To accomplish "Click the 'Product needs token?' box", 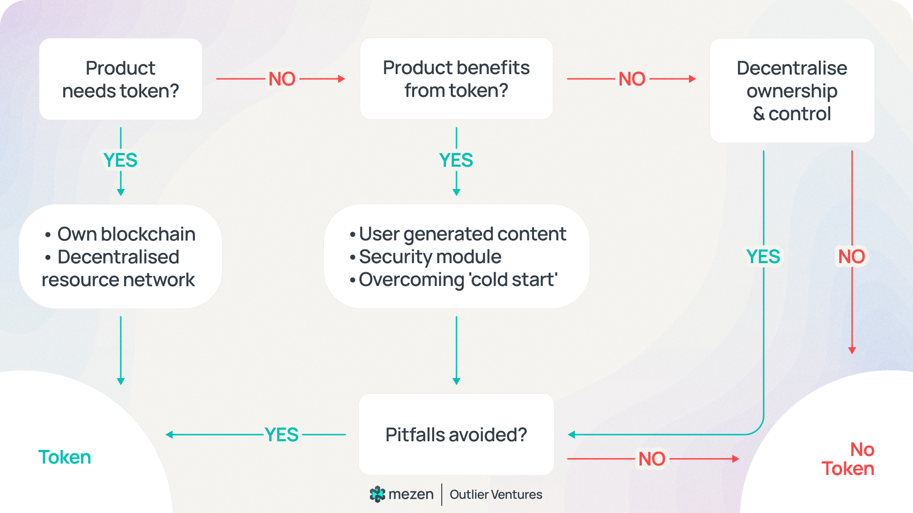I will click(x=121, y=79).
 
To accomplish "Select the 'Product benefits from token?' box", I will click(x=456, y=79).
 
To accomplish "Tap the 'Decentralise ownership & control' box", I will click(x=792, y=91).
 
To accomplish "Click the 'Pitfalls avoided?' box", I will click(x=456, y=435).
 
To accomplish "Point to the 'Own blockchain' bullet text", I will click(x=126, y=234).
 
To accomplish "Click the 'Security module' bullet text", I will click(x=430, y=257).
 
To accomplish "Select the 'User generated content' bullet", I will click(x=462, y=234).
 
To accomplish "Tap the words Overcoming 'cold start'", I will click(x=458, y=280).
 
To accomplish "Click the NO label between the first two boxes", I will click(x=282, y=79).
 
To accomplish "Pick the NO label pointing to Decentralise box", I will click(x=632, y=79).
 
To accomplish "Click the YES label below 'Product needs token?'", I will click(x=120, y=161).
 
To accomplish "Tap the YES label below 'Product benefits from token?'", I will click(x=456, y=161).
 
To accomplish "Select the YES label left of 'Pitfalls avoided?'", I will click(x=282, y=435).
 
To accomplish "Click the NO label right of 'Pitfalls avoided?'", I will click(x=652, y=459).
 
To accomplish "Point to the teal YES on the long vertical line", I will click(x=763, y=257).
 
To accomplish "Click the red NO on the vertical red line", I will click(x=852, y=257).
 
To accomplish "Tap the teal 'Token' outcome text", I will click(x=65, y=457).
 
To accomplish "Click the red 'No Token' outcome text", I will click(x=848, y=459).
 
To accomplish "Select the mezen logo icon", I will click(x=377, y=494).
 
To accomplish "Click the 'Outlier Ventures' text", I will click(x=496, y=494).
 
